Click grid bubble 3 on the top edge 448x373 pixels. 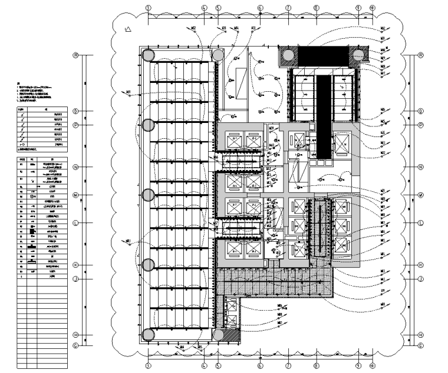click(x=149, y=8)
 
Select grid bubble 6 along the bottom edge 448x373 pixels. click(x=260, y=365)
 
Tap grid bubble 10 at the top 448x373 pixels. click(x=372, y=8)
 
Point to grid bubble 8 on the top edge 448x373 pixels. click(x=317, y=8)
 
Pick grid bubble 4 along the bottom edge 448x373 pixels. click(x=204, y=365)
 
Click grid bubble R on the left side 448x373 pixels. click(x=75, y=55)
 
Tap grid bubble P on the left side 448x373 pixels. click(x=75, y=125)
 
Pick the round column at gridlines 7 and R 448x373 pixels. click(x=289, y=56)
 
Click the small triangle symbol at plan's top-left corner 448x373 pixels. click(x=128, y=29)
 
